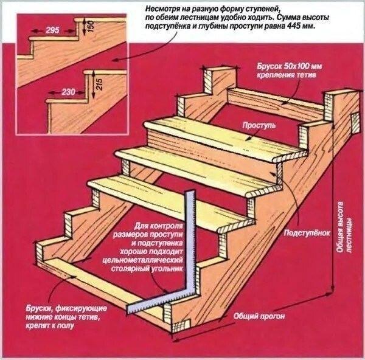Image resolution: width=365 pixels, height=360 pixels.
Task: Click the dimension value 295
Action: (x=52, y=30)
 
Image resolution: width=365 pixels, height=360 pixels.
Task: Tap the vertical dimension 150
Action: (x=91, y=26)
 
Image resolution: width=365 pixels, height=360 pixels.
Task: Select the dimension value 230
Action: (x=68, y=92)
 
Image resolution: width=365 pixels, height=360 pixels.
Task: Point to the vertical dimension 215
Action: (x=99, y=85)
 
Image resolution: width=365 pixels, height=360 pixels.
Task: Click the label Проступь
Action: (x=259, y=126)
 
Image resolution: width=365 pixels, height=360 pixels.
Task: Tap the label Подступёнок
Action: (x=307, y=233)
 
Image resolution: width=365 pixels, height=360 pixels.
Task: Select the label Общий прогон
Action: (x=259, y=316)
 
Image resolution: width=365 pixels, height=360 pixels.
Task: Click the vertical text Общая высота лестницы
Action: (x=344, y=227)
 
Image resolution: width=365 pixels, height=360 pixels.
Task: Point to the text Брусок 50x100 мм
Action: (x=290, y=66)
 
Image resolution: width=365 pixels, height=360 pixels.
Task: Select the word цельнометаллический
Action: (x=143, y=260)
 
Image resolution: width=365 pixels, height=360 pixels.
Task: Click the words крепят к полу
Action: (x=50, y=325)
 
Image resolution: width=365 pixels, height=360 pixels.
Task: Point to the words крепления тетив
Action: (x=287, y=75)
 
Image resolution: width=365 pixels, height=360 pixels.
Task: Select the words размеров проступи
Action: (x=148, y=234)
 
